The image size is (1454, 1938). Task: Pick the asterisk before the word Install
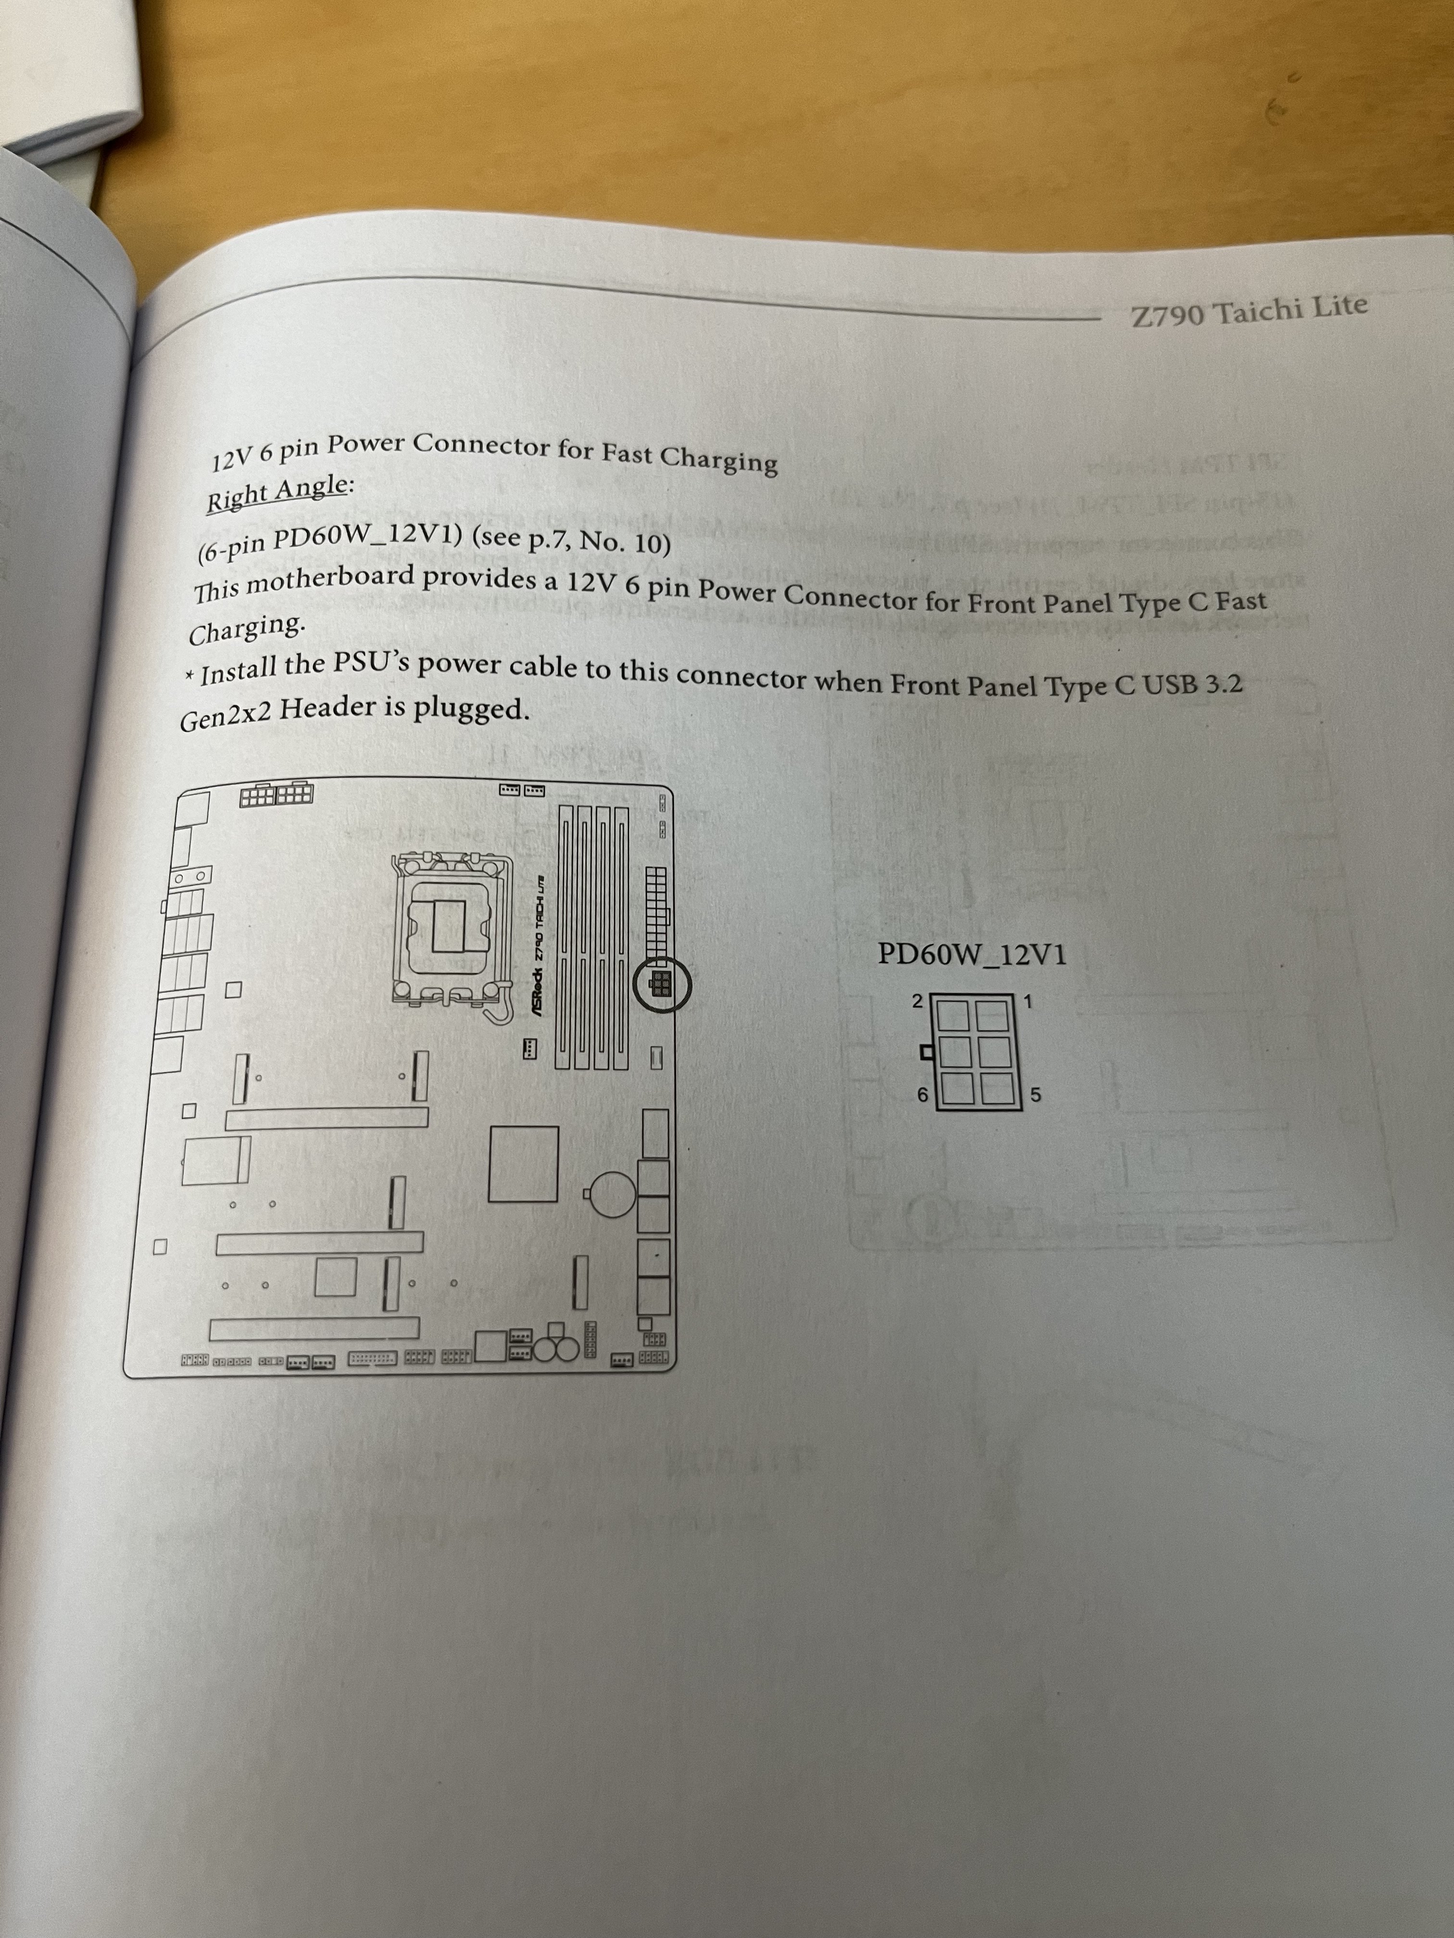tap(189, 677)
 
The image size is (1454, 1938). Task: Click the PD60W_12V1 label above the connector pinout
tap(972, 954)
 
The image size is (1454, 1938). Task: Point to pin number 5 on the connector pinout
tap(1035, 1095)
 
